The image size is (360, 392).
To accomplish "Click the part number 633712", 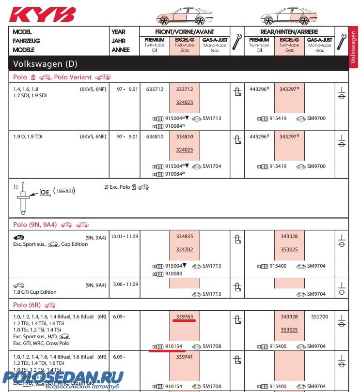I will pos(155,90).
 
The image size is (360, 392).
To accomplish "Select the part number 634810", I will pos(155,137).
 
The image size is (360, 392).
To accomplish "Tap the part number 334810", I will pos(184,137).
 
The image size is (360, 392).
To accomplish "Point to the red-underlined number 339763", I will pos(185,317).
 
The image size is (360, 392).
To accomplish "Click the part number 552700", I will pos(319,317).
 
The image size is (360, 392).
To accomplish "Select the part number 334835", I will pos(185,237).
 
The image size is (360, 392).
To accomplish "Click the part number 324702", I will pos(185,250).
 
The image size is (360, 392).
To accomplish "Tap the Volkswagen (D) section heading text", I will pos(45,64).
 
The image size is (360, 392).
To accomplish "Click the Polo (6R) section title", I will pos(27,305).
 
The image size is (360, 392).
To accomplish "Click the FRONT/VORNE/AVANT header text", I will pos(185,32).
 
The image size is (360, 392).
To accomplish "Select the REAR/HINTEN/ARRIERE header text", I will pos(289,32).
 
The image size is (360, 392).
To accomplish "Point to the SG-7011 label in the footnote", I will pos(66,191).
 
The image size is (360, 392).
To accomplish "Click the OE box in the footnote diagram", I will pos(45,192).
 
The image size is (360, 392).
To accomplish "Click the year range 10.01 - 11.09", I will pos(125,237).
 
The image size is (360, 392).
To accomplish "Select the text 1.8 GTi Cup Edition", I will pos(34,292).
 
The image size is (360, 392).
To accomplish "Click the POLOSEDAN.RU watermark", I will pos(63,377).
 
